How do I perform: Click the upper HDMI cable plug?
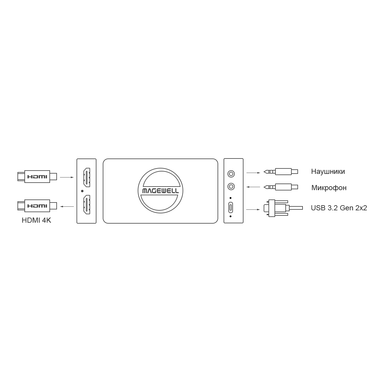coord(37,177)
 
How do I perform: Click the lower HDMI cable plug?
coord(37,206)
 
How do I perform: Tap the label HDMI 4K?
coord(36,220)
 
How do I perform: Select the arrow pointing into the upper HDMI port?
coord(67,177)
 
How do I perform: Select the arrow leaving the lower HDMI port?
coord(67,206)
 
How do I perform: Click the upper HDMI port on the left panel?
coord(87,177)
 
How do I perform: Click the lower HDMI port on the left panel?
coord(87,205)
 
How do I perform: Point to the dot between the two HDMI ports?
coord(82,191)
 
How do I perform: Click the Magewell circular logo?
coord(160,191)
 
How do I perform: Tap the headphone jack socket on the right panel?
coord(231,174)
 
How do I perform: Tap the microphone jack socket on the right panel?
coord(231,187)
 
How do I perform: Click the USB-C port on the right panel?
coord(231,207)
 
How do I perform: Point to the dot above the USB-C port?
coord(231,198)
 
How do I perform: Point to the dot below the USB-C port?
coord(231,216)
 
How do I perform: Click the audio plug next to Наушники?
coord(281,171)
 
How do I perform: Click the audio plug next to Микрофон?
coord(281,187)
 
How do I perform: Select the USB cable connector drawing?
coord(283,208)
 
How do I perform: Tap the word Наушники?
coord(328,171)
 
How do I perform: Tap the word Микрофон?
coord(329,188)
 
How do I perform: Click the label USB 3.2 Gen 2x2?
coord(339,208)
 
